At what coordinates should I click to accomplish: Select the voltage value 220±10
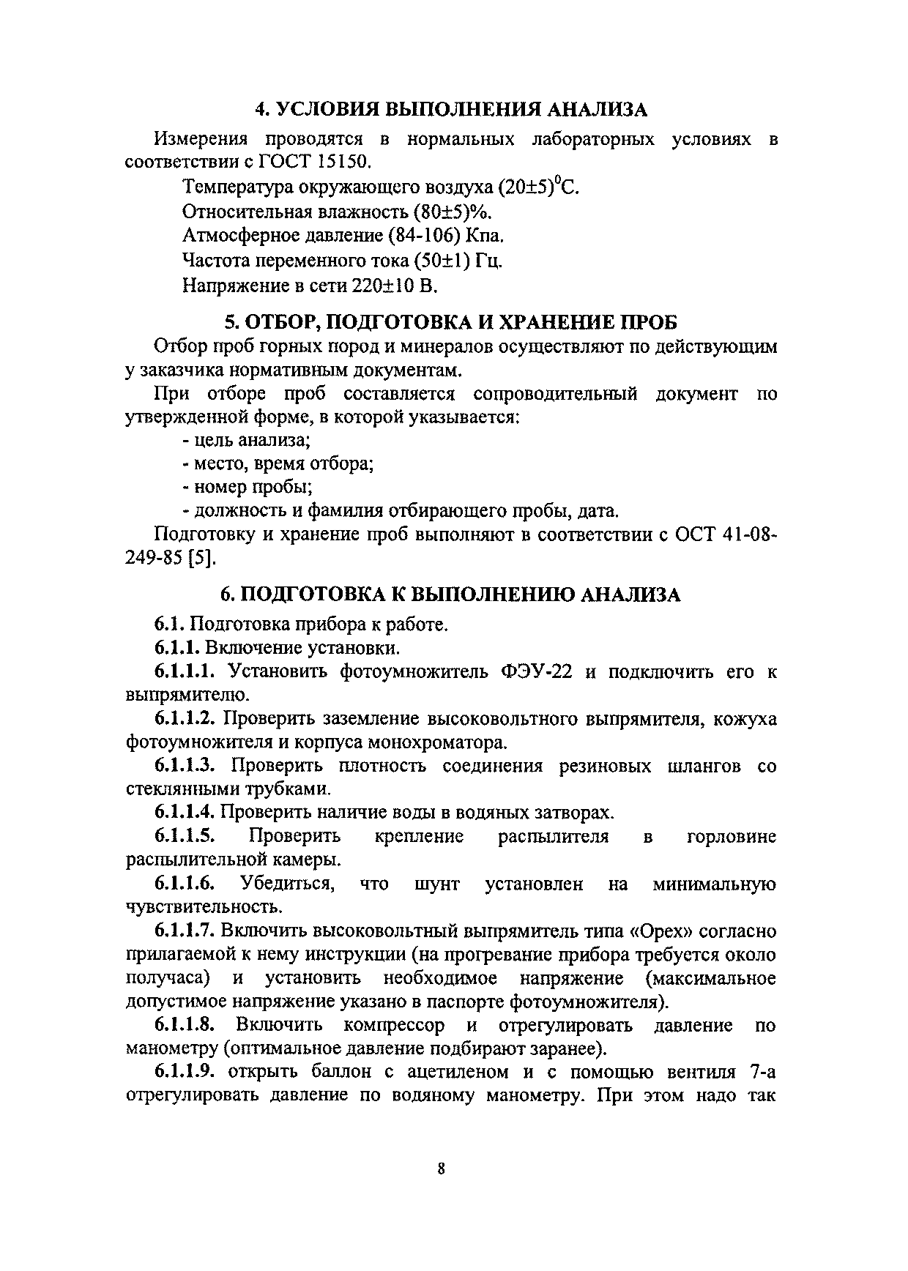pos(384,285)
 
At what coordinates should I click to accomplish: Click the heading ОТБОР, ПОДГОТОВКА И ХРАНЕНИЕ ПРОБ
pos(450,322)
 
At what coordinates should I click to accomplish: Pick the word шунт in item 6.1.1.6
pos(436,884)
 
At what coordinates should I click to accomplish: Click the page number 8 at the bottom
pos(441,1168)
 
